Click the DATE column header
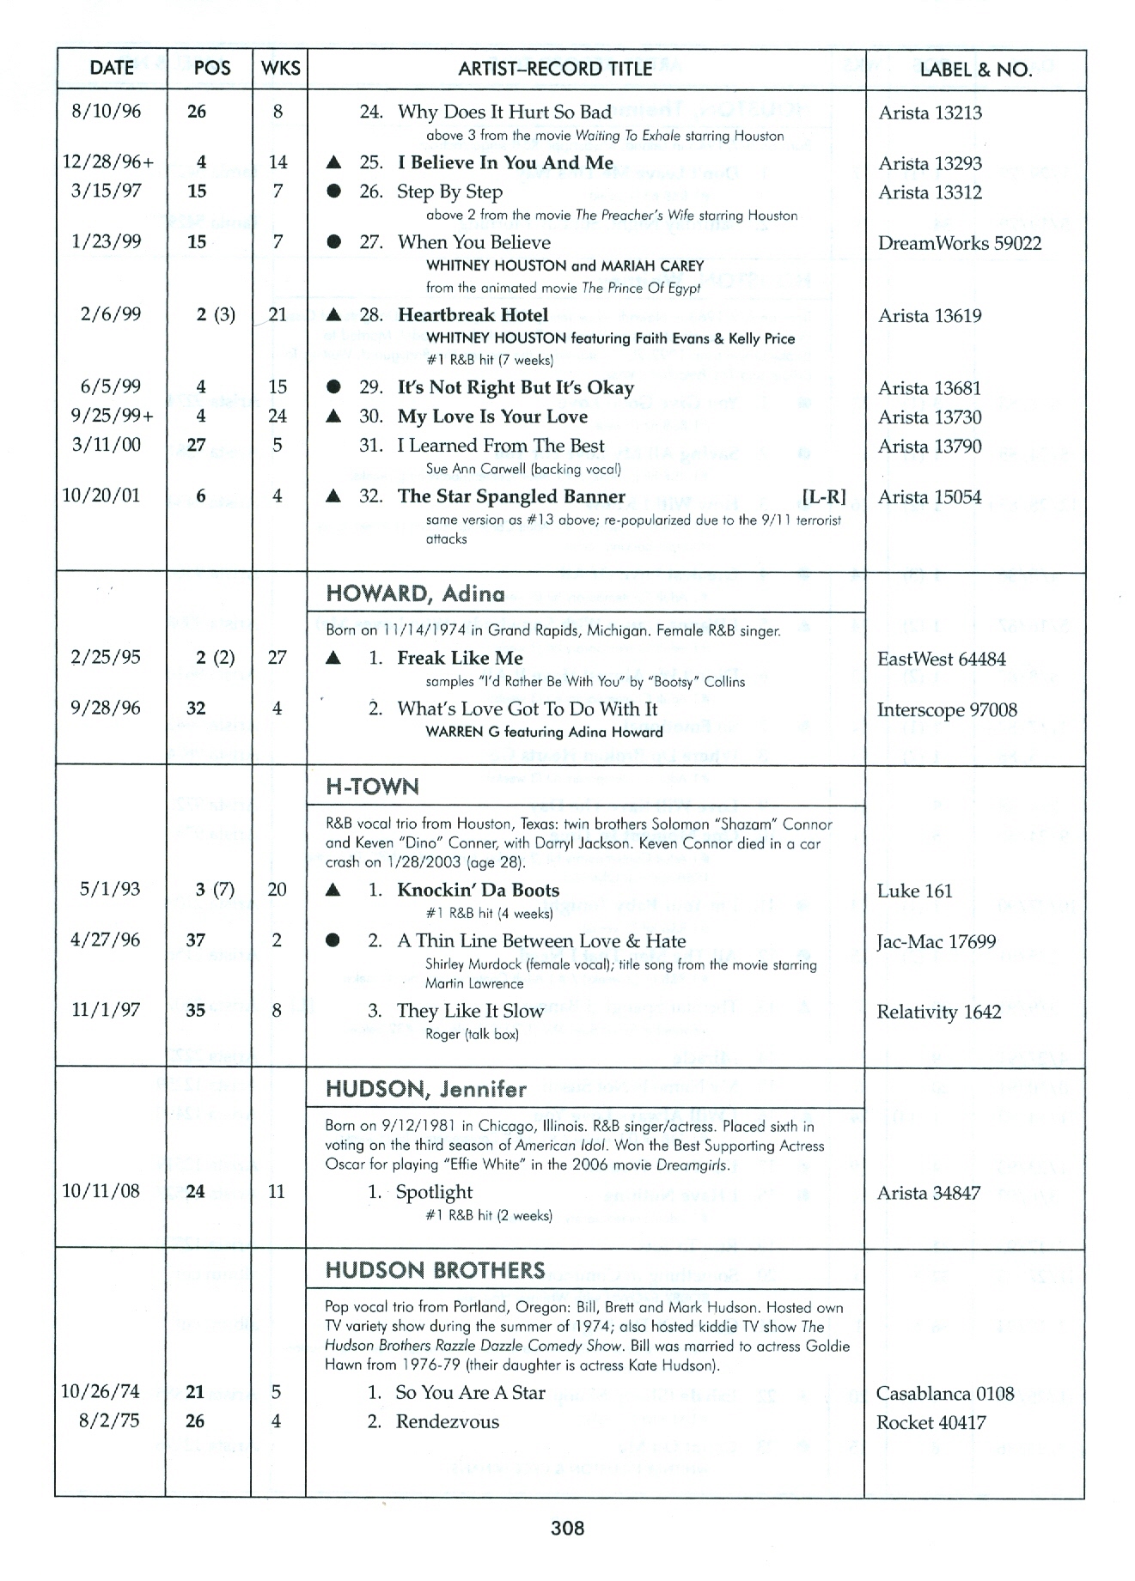pyautogui.click(x=111, y=69)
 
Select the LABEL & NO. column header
pyautogui.click(x=975, y=70)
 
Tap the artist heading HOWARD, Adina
pyautogui.click(x=415, y=593)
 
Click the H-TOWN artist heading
pyautogui.click(x=372, y=787)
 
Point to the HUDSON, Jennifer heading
pyautogui.click(x=425, y=1089)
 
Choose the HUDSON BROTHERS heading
pyautogui.click(x=435, y=1270)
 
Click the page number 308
pyautogui.click(x=567, y=1528)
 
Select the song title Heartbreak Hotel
pyautogui.click(x=473, y=315)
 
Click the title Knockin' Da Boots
pyautogui.click(x=478, y=891)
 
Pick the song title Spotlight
pyautogui.click(x=434, y=1192)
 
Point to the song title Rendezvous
pyautogui.click(x=447, y=1421)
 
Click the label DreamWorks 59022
pyautogui.click(x=959, y=243)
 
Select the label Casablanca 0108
pyautogui.click(x=945, y=1393)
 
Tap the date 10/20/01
pyautogui.click(x=101, y=496)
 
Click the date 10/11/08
pyautogui.click(x=101, y=1191)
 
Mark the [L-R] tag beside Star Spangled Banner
pyautogui.click(x=823, y=496)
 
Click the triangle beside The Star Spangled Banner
pyautogui.click(x=334, y=496)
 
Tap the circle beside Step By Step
pyautogui.click(x=334, y=192)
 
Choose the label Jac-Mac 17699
pyautogui.click(x=936, y=942)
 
